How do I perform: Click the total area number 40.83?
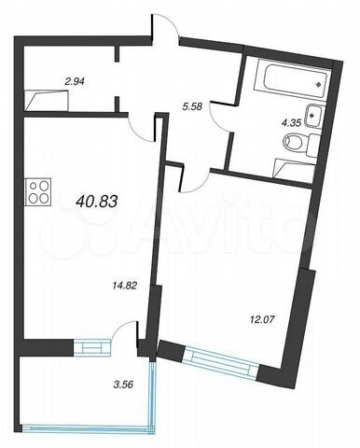pyautogui.click(x=96, y=202)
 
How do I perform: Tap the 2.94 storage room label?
pyautogui.click(x=75, y=82)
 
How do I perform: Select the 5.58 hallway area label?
pyautogui.click(x=192, y=107)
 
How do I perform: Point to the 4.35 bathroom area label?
pyautogui.click(x=291, y=123)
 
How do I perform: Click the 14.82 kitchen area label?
pyautogui.click(x=125, y=286)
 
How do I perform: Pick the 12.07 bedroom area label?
pyautogui.click(x=263, y=319)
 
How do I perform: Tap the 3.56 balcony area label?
pyautogui.click(x=123, y=385)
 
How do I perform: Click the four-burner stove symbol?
pyautogui.click(x=37, y=191)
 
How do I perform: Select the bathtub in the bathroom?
pyautogui.click(x=292, y=79)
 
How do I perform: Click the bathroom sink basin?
pyautogui.click(x=314, y=116)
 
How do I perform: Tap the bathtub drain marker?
pyautogui.click(x=318, y=84)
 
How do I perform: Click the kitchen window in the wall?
pyautogui.click(x=92, y=347)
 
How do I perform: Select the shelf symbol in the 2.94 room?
pyautogui.click(x=47, y=101)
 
